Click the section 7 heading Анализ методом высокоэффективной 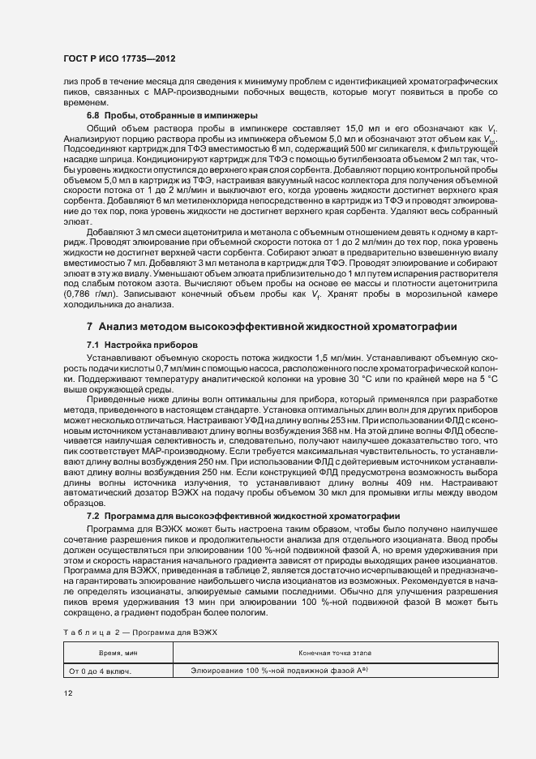pos(272,326)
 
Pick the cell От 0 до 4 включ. pos(101,671)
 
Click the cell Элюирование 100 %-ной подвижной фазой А pos(281,670)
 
